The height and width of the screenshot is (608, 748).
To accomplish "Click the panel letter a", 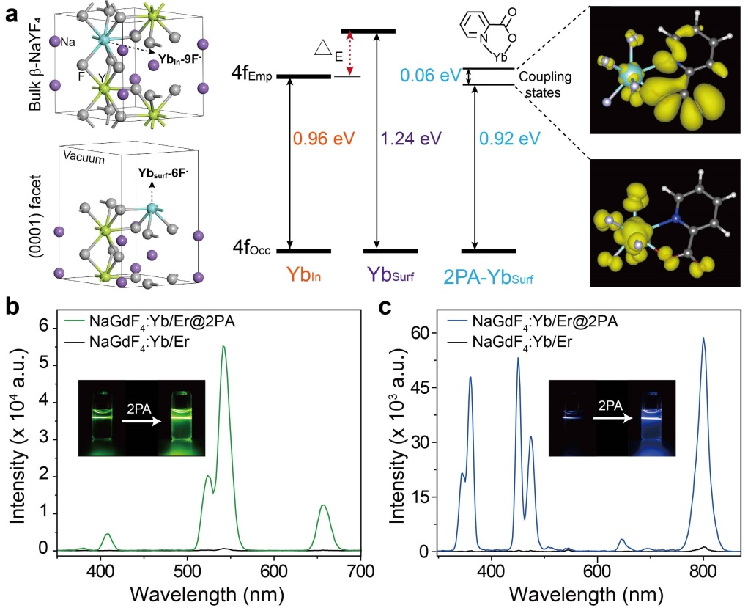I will pos(12,13).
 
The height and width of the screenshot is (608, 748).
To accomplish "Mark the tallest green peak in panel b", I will pos(223,347).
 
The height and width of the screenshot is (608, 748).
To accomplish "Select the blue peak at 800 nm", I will pos(703,339).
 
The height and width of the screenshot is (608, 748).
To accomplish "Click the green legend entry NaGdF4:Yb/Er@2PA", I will pos(162,321).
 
